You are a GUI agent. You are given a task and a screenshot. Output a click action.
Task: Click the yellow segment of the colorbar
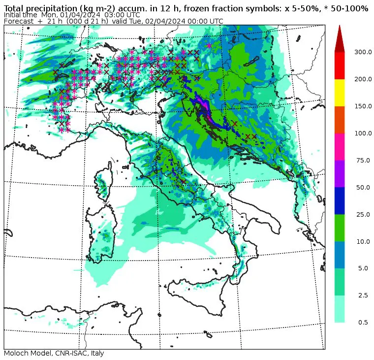(340, 92)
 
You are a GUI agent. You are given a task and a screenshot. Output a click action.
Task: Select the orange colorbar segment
(340, 119)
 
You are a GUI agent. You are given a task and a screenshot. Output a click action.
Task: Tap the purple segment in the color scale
(340, 173)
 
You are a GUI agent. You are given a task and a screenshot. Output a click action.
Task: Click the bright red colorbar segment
(340, 65)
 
